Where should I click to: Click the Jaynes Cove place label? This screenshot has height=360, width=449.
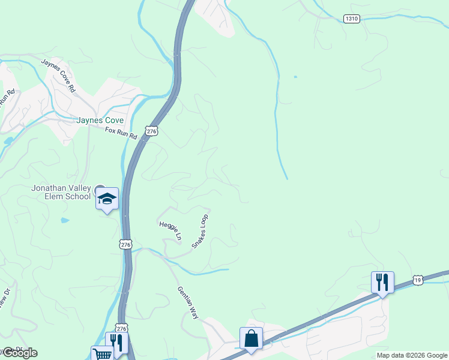click(x=100, y=119)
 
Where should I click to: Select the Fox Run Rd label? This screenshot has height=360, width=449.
click(x=121, y=133)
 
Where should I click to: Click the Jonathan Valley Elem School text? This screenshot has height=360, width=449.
click(x=61, y=192)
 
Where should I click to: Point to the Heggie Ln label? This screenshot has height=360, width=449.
click(x=170, y=230)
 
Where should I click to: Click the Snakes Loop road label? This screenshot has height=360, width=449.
click(x=200, y=231)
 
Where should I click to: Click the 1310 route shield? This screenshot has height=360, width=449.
click(x=352, y=19)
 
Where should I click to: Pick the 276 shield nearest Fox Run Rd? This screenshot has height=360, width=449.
click(x=151, y=131)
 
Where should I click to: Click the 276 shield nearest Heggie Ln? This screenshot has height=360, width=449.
click(x=125, y=244)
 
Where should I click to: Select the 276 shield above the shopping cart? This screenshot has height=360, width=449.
click(x=122, y=329)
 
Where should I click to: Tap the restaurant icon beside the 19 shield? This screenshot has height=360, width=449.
click(x=382, y=281)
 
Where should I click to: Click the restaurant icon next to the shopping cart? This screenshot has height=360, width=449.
click(x=116, y=343)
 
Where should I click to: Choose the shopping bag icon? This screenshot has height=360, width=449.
click(x=251, y=338)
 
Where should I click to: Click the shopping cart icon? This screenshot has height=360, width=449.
click(x=101, y=354)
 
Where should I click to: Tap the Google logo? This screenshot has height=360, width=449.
click(x=20, y=353)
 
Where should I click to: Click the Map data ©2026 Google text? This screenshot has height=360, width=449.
click(x=412, y=355)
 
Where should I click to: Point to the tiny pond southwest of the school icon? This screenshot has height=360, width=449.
click(x=65, y=220)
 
